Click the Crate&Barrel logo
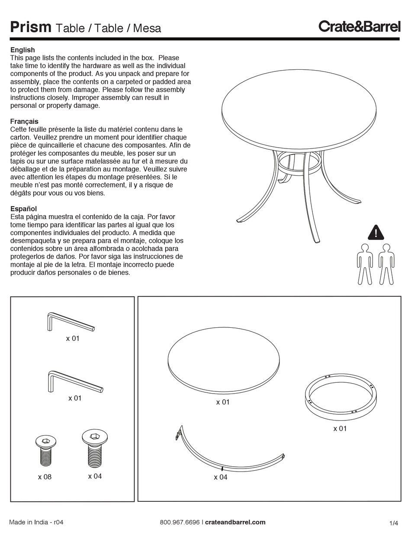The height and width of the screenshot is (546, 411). click(359, 26)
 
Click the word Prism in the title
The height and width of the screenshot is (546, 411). click(31, 27)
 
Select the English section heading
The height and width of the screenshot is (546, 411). click(22, 50)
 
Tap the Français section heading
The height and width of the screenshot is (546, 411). click(24, 121)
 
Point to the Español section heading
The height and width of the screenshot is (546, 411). click(23, 209)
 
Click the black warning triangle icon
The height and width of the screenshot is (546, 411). click(376, 233)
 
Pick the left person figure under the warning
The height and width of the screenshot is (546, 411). click(365, 264)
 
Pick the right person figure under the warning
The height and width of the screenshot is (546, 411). click(386, 264)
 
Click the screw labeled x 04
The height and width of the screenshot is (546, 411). click(95, 449)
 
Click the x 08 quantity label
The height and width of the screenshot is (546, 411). click(45, 477)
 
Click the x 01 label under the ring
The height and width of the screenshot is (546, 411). click(340, 429)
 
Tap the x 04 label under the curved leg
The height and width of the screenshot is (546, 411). click(220, 477)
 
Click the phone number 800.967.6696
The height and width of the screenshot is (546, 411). click(180, 522)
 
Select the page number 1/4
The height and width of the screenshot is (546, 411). click(394, 523)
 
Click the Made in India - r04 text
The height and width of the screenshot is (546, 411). click(36, 522)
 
